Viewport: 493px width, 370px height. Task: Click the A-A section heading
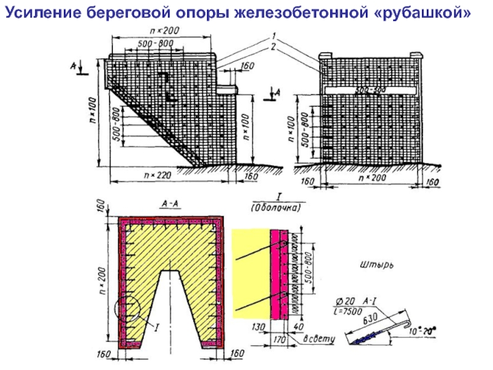coord(170,202)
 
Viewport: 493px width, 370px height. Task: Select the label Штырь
coord(375,266)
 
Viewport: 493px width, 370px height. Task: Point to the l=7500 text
coord(349,310)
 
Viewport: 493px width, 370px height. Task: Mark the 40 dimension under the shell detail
coord(299,327)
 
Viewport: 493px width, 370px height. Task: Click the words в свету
coord(318,340)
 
